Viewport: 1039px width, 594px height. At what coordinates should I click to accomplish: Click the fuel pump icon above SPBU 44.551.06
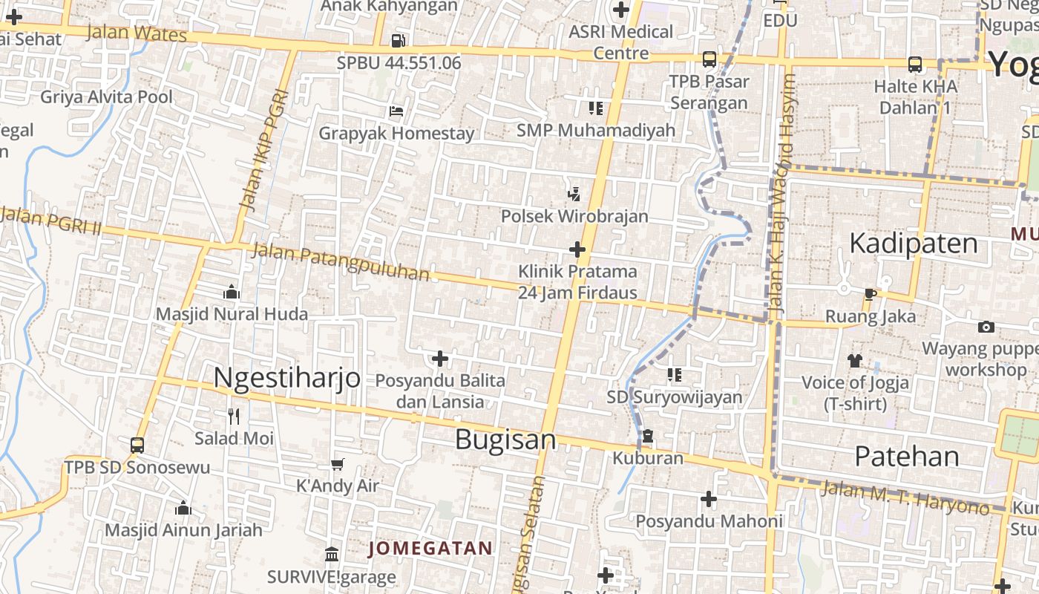pos(399,40)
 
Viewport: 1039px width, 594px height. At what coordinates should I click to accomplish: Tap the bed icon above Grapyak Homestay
pos(396,111)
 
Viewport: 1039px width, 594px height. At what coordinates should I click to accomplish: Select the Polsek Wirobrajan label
pos(574,216)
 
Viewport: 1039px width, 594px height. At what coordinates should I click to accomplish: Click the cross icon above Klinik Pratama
pos(577,249)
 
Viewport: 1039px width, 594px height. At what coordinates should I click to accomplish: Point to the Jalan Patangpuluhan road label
pos(341,262)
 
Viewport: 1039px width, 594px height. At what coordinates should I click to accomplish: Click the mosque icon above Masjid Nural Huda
pos(232,292)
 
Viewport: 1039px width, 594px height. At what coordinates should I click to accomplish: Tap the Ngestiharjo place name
pos(286,377)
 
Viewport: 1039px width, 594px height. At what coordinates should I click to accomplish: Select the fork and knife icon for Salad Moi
pos(234,417)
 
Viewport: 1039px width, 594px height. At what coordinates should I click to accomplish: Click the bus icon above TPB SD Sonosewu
pos(137,446)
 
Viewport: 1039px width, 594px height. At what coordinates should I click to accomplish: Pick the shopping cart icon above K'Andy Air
pos(338,464)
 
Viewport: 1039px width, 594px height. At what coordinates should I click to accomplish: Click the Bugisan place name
pos(505,440)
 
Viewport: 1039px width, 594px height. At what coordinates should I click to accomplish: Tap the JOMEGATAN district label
pos(430,549)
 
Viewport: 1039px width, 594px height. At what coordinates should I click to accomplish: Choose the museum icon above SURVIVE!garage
pos(332,555)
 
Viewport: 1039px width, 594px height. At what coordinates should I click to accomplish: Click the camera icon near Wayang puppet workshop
pos(986,327)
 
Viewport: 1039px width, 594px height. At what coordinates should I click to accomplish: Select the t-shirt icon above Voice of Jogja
pos(855,361)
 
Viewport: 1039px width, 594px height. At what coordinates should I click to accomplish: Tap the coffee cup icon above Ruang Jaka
pos(870,295)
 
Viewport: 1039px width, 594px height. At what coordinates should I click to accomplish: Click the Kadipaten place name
pos(913,244)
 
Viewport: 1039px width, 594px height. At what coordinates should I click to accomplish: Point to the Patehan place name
pos(906,456)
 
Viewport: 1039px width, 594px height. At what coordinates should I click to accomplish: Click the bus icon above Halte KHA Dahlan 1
pos(915,65)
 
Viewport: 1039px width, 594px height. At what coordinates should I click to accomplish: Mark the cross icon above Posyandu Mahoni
pos(709,499)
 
